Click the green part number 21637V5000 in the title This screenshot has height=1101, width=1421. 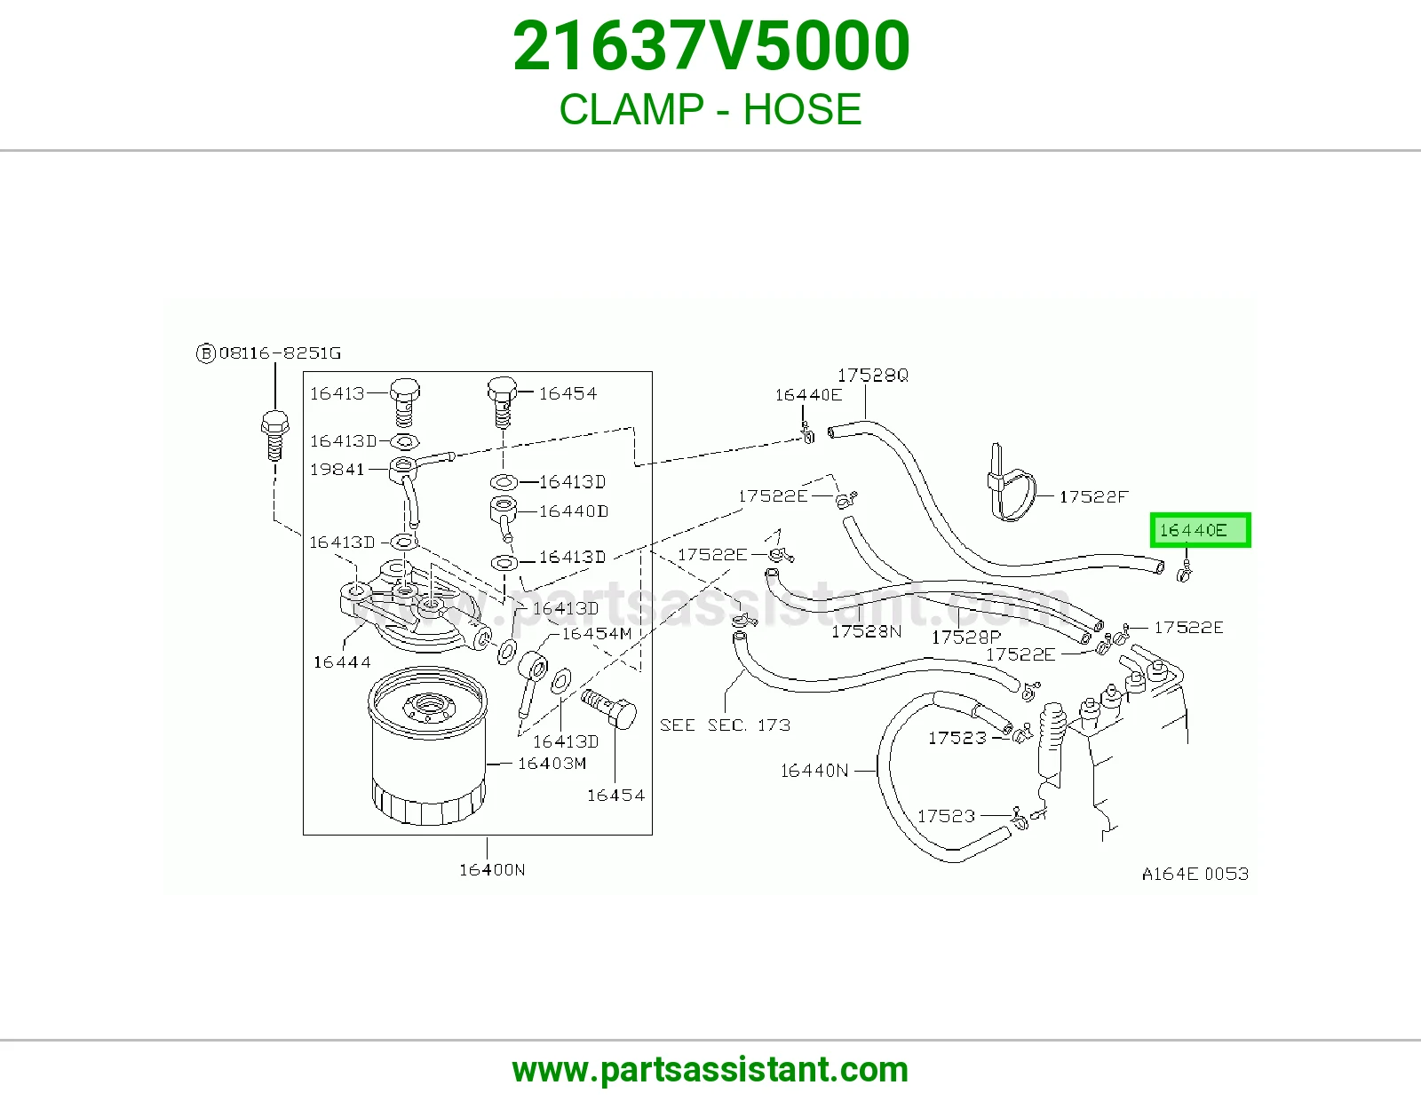pos(710,46)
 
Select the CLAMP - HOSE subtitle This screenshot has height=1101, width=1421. pos(710,109)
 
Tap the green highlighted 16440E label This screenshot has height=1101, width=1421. pos(1200,529)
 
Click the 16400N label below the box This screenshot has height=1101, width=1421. pos(492,869)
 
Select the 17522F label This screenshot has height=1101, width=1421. pos(1093,497)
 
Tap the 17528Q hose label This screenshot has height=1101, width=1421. pos(872,376)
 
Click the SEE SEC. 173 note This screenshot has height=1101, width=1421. pos(725,725)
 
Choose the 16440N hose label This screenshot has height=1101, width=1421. pos(814,771)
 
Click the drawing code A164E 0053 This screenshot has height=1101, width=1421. pos(1195,874)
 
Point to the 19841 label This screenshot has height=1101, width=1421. pos(337,470)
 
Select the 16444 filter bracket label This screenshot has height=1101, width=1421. pos(341,662)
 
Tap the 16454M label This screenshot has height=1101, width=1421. pos(597,634)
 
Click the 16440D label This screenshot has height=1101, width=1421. pos(574,511)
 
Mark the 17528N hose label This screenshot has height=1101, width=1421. pos(866,631)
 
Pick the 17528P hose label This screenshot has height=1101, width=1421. pos(966,638)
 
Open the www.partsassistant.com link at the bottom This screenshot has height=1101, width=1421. pos(710,1070)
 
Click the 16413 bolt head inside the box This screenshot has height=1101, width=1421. pos(405,391)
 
